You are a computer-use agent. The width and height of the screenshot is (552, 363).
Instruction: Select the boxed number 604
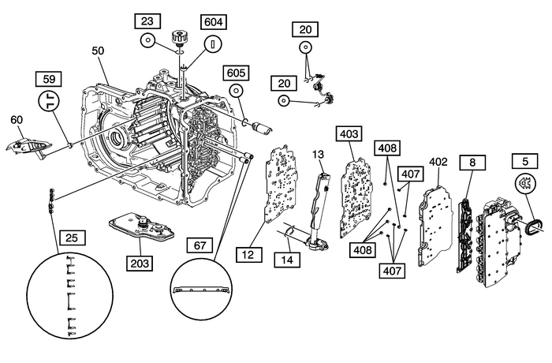tap(213, 21)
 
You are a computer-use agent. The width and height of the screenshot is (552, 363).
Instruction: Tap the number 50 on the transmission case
tap(98, 51)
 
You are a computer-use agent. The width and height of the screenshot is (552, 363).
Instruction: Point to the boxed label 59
tap(50, 78)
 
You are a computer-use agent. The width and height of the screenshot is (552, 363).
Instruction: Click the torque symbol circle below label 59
tap(50, 103)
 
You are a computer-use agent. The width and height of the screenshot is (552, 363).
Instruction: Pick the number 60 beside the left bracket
tap(16, 120)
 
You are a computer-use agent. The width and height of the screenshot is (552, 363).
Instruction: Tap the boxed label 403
tap(349, 133)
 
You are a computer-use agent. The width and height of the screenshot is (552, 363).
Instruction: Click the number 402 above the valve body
tap(438, 162)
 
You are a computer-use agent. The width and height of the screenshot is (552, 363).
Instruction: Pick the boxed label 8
tap(472, 163)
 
